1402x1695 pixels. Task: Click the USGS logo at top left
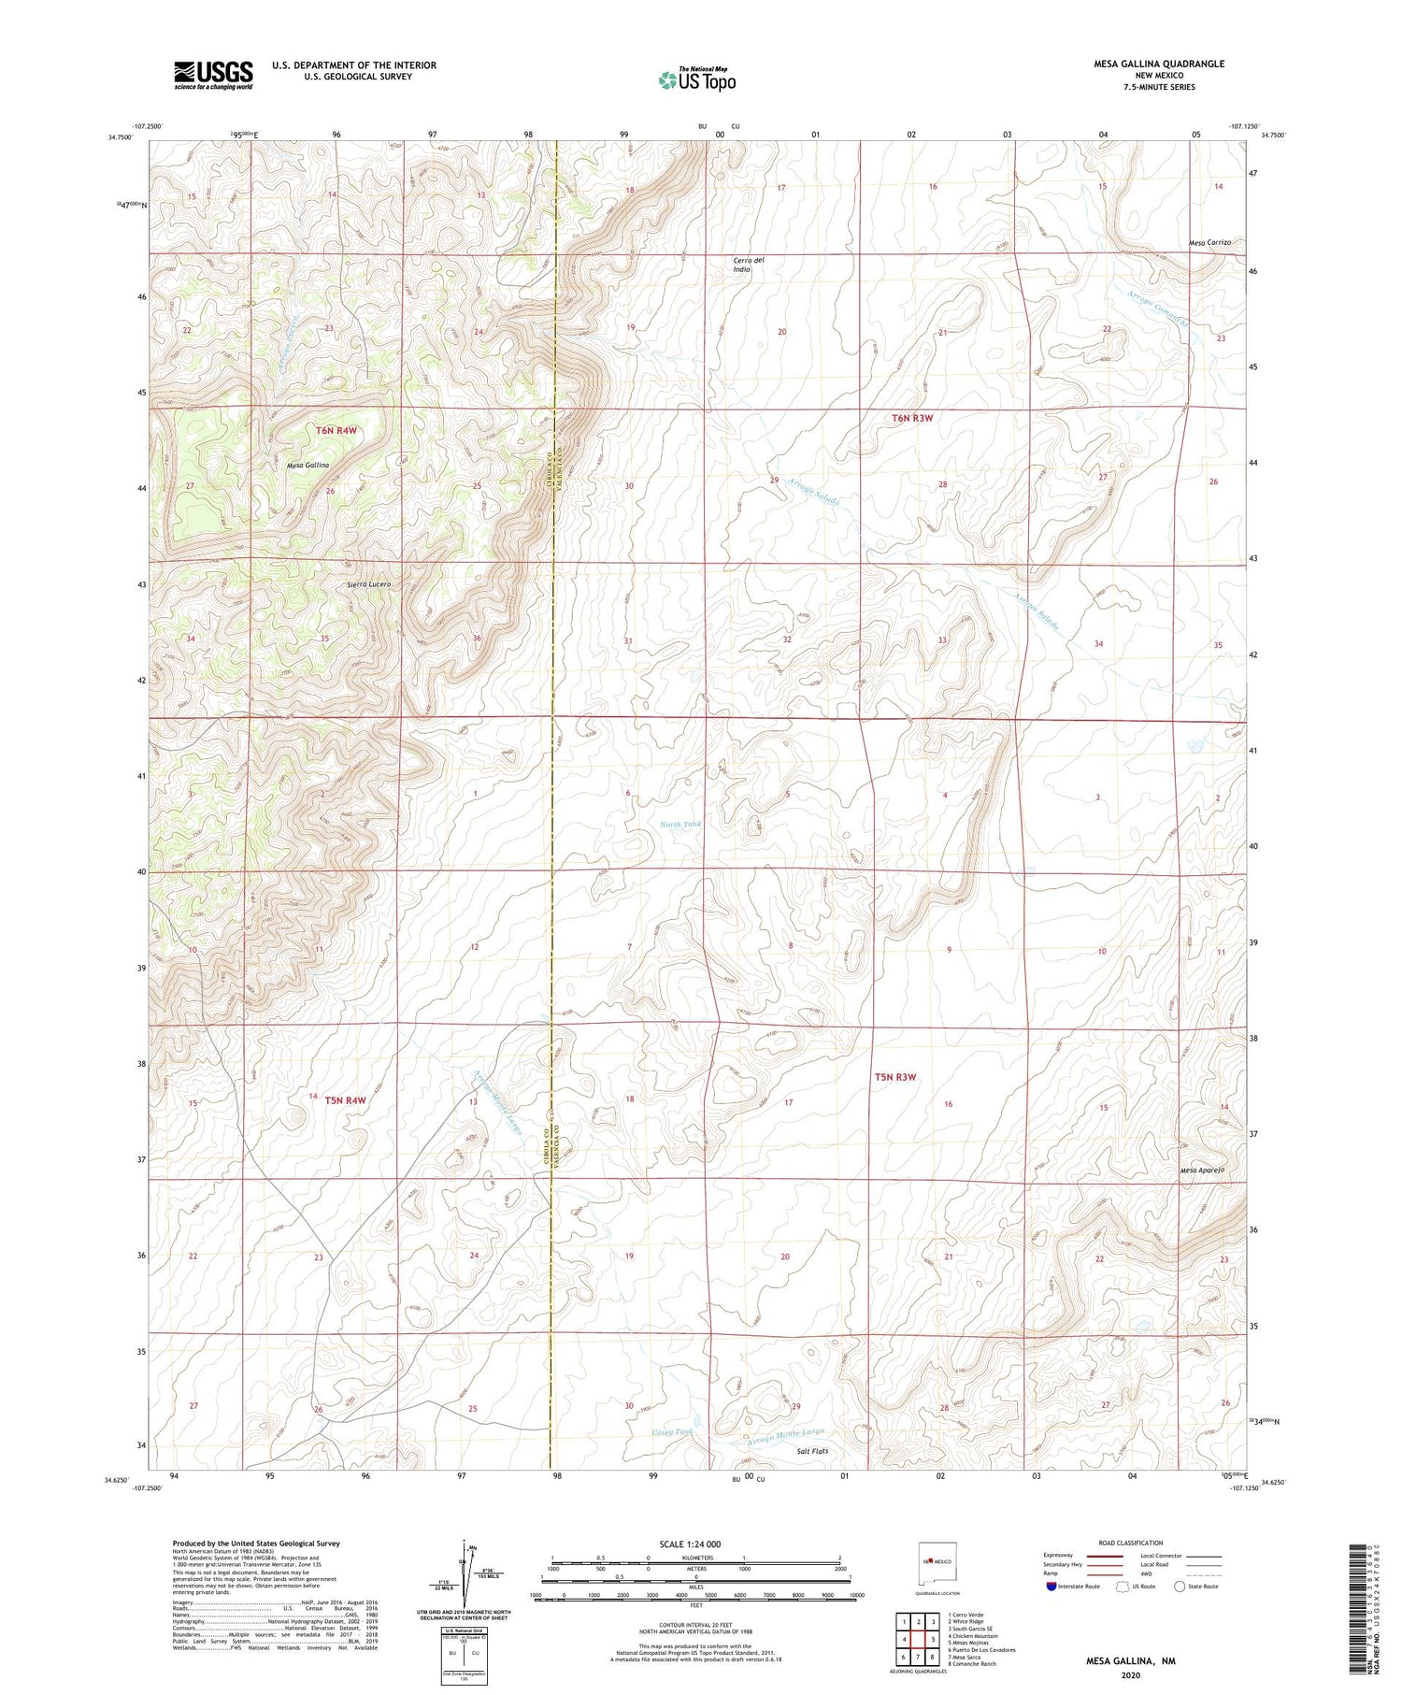point(213,75)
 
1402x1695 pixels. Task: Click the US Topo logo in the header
point(696,80)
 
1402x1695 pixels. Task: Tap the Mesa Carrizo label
point(1209,242)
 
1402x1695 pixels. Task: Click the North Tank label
point(680,824)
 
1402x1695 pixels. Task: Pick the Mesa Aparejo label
point(1202,1170)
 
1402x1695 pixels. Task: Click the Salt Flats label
point(811,1451)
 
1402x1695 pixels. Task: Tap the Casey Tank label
point(672,1432)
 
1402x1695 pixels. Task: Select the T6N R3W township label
point(911,418)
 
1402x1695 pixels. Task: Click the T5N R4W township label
point(345,1100)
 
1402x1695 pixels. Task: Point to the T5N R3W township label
point(895,1077)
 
